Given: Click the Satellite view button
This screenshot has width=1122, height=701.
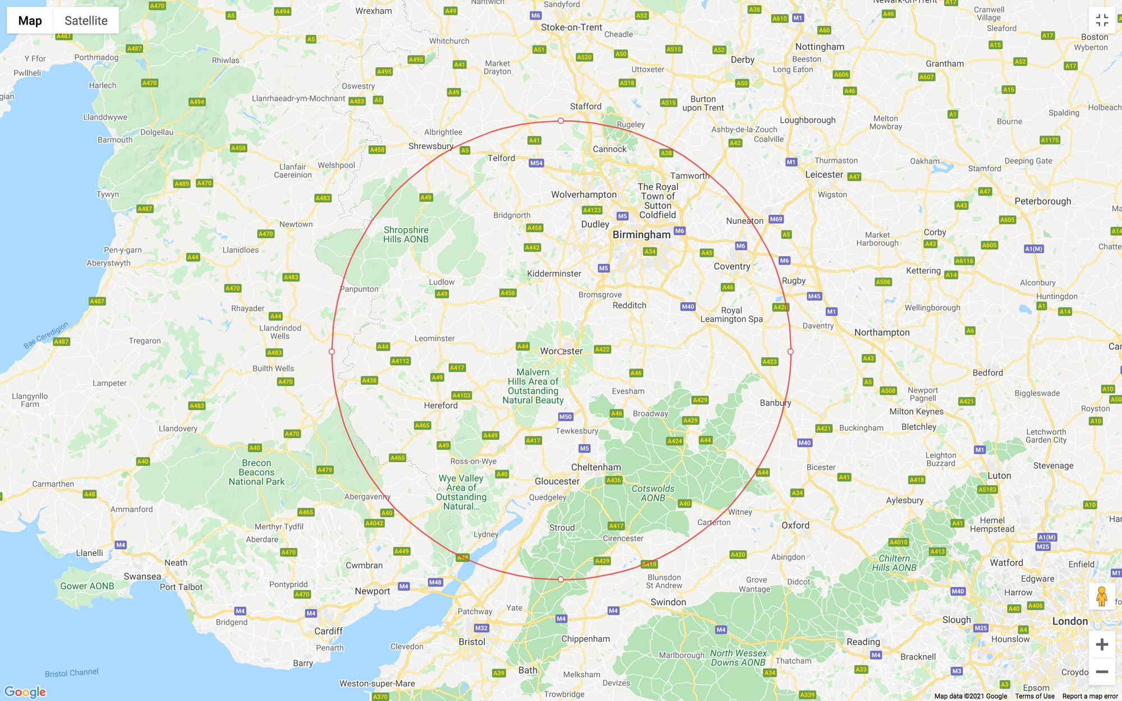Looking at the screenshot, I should coord(86,21).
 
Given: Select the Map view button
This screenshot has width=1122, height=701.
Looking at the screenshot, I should coord(30,21).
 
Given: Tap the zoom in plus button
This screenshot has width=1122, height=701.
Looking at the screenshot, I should coord(1102,644).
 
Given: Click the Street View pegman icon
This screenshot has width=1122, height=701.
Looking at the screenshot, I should coord(1102,596).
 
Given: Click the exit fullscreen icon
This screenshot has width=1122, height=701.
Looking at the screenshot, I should coord(1102,21).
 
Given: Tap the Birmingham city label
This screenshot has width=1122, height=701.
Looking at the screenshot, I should coord(641,235).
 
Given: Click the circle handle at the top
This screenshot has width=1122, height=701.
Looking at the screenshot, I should coord(560,121).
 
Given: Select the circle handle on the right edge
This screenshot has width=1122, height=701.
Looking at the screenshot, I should coord(790,352).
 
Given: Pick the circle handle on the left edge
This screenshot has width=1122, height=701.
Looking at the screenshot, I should coord(332,352).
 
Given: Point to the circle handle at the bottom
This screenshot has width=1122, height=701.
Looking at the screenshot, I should coord(560,579).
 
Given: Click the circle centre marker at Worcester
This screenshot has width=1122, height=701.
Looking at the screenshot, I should coord(560,352).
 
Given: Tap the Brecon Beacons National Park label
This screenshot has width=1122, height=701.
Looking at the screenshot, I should coord(256,472).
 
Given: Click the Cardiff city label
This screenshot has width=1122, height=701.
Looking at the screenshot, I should coord(328,631).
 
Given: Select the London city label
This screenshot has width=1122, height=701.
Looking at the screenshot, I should coord(1070,621).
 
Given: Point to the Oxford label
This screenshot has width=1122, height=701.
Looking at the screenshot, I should coord(795,525).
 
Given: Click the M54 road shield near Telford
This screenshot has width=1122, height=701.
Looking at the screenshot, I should coord(536,163).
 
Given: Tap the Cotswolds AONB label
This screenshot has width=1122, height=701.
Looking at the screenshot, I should coord(653,493).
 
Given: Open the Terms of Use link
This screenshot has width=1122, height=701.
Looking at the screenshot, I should coord(1034,696).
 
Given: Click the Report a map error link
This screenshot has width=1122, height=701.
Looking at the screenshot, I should coord(1089,696).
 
